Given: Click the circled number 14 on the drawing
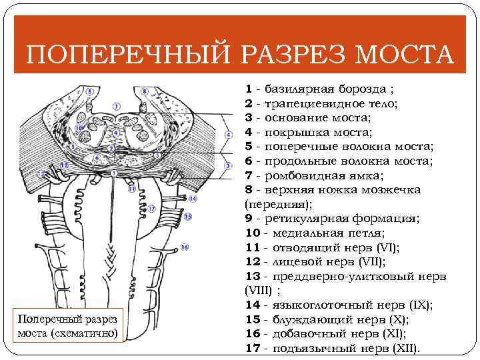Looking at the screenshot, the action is pos(193,198).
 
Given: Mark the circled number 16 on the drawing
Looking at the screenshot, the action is pos(184,247).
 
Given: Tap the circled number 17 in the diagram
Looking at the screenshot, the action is pos(152,208).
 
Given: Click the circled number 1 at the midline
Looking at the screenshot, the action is pos(116,173).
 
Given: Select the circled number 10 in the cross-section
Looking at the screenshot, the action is pos(79,127).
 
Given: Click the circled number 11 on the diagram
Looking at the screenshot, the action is pos(131,189).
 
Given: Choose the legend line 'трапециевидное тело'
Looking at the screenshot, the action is pos(331,103).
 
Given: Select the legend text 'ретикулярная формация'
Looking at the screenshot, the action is pos(341,219).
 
